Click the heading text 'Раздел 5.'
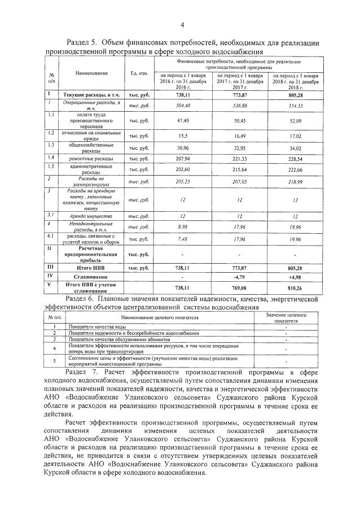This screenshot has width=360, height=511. [x=84, y=43]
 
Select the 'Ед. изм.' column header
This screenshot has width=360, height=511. [x=139, y=74]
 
